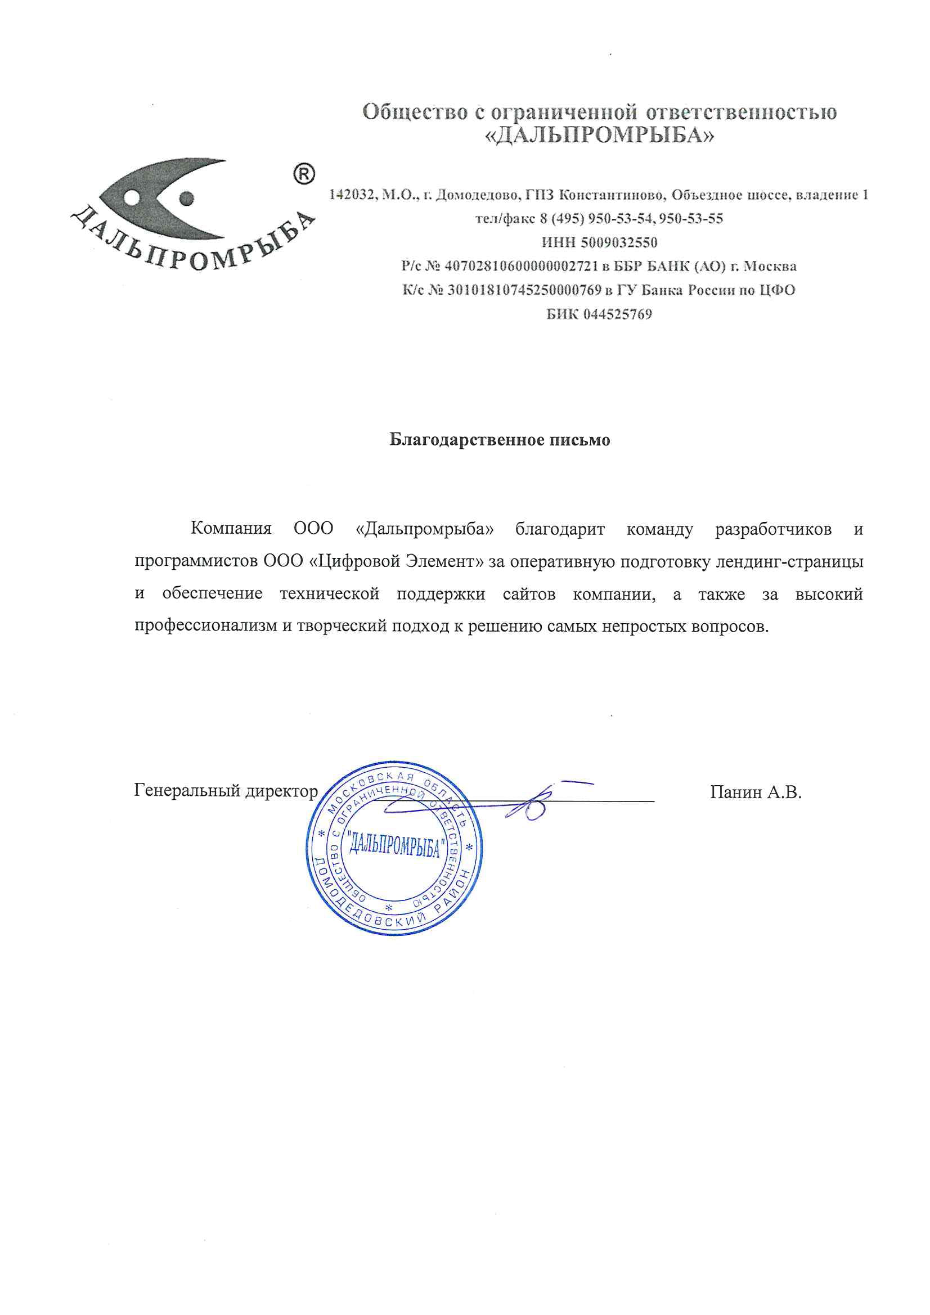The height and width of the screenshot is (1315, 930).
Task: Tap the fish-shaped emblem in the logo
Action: (x=166, y=198)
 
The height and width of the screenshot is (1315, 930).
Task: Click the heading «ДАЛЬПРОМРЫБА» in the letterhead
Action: (x=599, y=135)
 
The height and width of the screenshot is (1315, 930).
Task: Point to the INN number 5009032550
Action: (x=619, y=242)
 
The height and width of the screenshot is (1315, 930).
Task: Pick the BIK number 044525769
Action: (x=617, y=314)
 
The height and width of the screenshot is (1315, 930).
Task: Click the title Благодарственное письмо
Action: (x=500, y=440)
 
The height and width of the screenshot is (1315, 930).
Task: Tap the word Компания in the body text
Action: (x=231, y=528)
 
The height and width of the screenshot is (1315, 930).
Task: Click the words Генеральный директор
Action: (x=226, y=791)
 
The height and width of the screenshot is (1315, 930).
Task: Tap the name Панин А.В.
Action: (x=755, y=792)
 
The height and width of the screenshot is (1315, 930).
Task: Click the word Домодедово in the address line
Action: (x=477, y=195)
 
